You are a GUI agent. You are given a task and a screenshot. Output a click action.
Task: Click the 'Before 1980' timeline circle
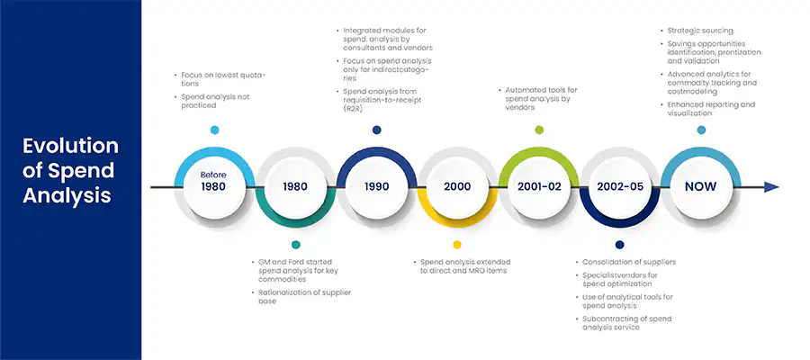point(214,187)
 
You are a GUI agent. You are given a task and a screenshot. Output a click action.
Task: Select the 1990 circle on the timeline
point(376,187)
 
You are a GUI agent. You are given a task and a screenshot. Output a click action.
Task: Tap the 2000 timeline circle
point(457,187)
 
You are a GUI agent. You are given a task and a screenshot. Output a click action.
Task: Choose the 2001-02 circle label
point(539,187)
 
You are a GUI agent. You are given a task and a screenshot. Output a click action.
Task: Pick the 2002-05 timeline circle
point(620,187)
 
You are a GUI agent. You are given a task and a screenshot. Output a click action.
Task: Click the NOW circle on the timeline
point(701,187)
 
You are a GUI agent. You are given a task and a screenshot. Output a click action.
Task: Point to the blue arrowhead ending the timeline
point(771,187)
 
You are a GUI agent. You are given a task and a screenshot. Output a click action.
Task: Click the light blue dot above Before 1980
point(214,130)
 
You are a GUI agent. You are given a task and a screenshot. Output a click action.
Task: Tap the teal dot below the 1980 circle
point(295,244)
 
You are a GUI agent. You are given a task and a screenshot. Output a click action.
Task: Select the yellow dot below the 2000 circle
point(457,244)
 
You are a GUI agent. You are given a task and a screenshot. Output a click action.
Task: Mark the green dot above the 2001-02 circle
point(539,130)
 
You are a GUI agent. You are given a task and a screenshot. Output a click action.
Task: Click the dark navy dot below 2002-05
point(620,244)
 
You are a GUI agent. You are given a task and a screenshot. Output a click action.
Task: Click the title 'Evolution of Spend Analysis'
point(70,171)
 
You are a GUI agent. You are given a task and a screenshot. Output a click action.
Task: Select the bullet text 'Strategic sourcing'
point(700,31)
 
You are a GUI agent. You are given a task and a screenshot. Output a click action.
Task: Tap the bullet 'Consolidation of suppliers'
point(629,262)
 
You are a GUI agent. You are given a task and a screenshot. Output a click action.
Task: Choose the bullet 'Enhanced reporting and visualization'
point(711,109)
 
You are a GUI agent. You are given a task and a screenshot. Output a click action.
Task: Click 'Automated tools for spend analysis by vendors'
point(542,98)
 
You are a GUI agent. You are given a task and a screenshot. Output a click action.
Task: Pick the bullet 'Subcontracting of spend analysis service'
point(626,323)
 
